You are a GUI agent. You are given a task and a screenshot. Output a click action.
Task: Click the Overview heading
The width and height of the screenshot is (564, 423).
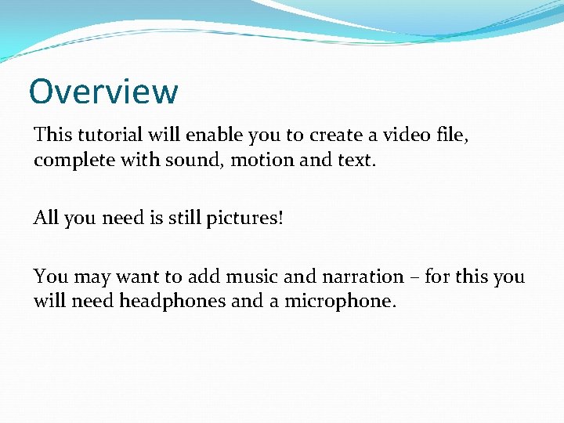point(103,92)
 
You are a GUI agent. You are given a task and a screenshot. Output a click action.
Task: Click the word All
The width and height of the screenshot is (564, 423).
point(45,218)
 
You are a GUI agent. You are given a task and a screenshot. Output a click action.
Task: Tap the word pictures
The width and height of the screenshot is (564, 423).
point(244,219)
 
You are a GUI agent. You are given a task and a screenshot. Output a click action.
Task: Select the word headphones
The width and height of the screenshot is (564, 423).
point(172,302)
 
